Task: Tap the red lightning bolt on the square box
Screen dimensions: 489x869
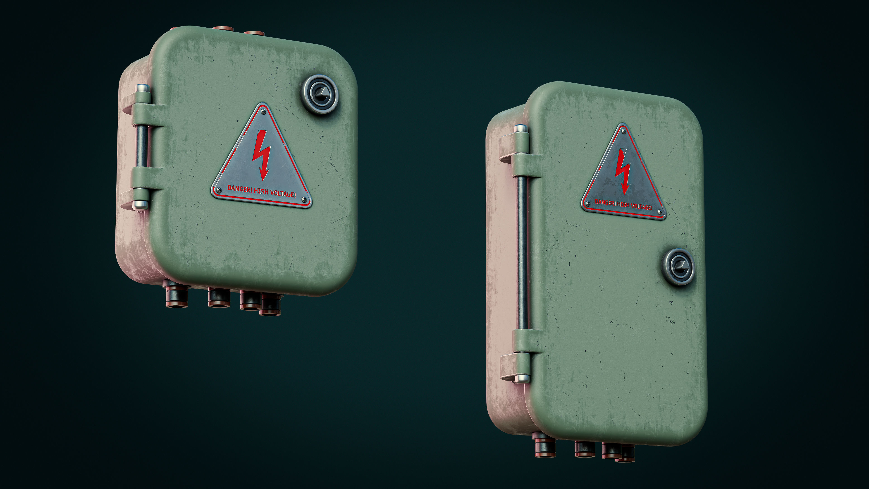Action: [262, 155]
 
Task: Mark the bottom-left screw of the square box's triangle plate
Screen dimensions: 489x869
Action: [219, 190]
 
